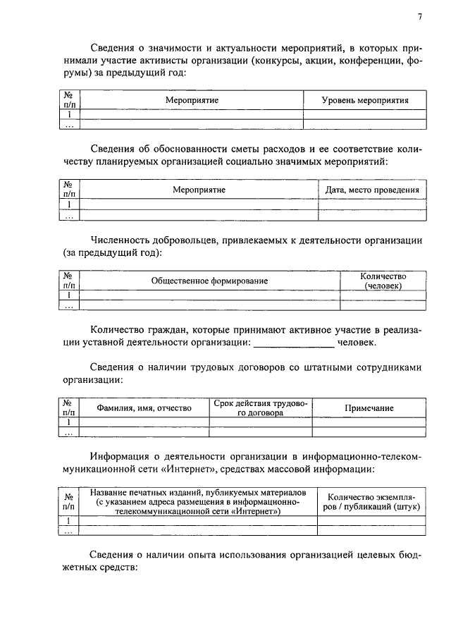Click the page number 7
419,17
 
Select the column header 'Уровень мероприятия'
364,100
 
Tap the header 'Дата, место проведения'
372,190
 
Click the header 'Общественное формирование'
209,281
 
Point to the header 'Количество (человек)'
383,281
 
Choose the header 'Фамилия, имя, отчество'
144,408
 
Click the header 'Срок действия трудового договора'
260,408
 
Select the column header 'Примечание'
369,408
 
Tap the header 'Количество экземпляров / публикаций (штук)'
371,501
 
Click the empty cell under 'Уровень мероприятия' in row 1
364,114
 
